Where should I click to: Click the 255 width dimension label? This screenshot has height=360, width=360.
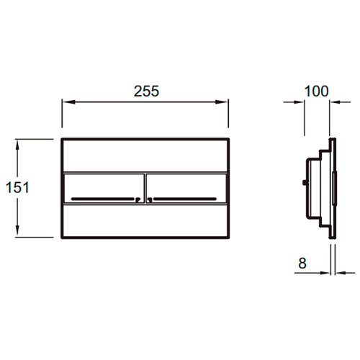(x=146, y=91)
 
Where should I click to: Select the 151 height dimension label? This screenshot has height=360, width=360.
(x=17, y=187)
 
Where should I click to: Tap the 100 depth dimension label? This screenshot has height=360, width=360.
(x=316, y=91)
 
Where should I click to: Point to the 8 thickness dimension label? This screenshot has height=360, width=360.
(x=302, y=264)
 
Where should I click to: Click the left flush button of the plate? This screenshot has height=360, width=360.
(x=104, y=189)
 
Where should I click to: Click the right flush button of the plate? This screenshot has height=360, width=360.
(x=186, y=189)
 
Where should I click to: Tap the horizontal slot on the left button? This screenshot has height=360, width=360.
(x=103, y=199)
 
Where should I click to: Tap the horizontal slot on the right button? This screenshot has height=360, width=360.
(x=185, y=199)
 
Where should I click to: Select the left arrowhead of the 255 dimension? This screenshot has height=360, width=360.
(x=69, y=102)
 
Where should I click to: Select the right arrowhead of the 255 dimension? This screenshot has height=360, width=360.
(x=222, y=102)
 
